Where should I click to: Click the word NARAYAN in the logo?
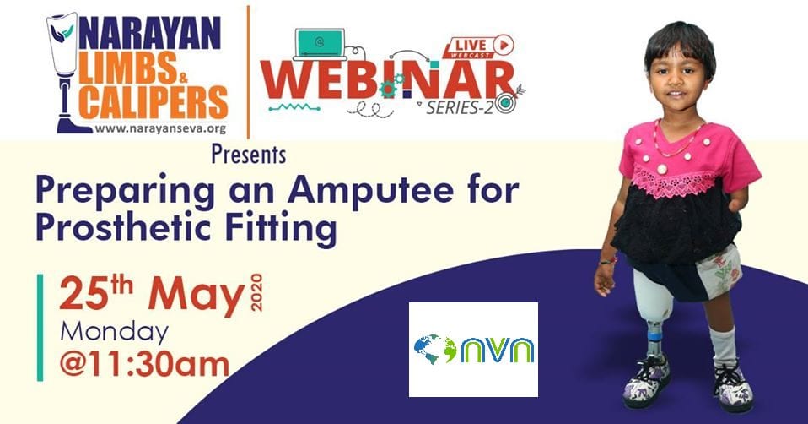pyautogui.click(x=150, y=34)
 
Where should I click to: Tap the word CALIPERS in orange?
pyautogui.click(x=154, y=102)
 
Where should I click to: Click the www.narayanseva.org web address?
pyautogui.click(x=160, y=129)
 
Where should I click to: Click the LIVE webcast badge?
pyautogui.click(x=479, y=46)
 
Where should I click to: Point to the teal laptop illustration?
pyautogui.click(x=320, y=45)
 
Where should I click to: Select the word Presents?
pyautogui.click(x=249, y=155)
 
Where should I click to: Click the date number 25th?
pyautogui.click(x=96, y=292)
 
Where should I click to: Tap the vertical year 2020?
pyautogui.click(x=256, y=292)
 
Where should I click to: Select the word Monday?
pyautogui.click(x=115, y=333)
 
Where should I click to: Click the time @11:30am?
pyautogui.click(x=144, y=365)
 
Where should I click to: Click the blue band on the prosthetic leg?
pyautogui.click(x=654, y=337)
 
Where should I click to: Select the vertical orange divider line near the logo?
pyautogui.click(x=248, y=72)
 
